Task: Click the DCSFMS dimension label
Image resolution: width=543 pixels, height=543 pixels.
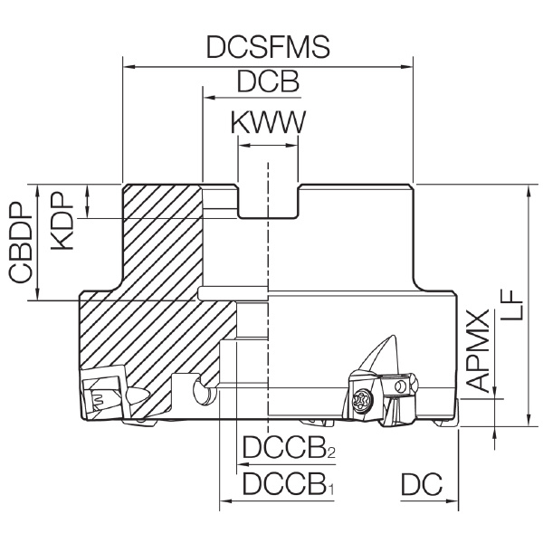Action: pos(268,47)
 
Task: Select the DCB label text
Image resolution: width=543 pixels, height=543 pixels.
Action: pos(268,81)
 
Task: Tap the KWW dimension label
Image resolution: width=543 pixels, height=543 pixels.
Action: pos(269,122)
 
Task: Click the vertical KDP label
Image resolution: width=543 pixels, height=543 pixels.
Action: pos(62,221)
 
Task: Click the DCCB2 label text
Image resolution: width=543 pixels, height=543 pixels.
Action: pos(289,447)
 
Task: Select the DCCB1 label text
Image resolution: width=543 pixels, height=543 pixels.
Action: pos(288,483)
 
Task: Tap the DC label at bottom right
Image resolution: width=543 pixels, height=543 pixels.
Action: pos(422,483)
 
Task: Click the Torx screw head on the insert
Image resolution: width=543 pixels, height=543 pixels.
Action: pos(362,401)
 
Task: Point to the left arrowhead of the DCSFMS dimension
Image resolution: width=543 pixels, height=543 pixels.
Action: pos(129,66)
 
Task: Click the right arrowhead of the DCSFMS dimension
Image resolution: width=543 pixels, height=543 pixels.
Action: pos(407,66)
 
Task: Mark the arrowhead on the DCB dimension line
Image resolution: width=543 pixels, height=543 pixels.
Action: pos(210,98)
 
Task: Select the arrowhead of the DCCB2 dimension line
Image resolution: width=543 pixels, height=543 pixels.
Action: pos(243,464)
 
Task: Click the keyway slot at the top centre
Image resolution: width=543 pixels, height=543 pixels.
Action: pos(268,202)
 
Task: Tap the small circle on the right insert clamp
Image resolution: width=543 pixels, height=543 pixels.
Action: pos(401,386)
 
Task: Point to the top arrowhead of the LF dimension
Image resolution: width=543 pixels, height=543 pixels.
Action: pos(528,191)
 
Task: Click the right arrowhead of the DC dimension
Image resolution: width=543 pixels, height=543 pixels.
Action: pos(452,500)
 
